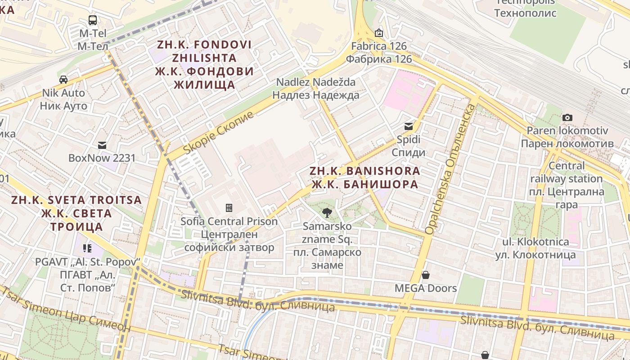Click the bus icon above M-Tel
coord(92,20)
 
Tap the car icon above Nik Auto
coord(63,80)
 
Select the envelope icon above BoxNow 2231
coord(102,145)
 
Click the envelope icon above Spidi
coord(408,126)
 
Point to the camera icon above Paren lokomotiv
coord(567,117)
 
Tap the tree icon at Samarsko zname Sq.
coord(327,213)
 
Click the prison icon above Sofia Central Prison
coord(229,208)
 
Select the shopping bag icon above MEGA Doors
coord(425,275)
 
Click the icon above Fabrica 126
coord(379,33)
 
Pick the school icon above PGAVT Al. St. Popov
coord(87,248)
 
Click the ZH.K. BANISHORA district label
coord(365,178)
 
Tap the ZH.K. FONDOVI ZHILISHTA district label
coord(204,64)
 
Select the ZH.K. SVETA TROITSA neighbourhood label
coord(76,213)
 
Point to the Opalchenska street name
coord(450,169)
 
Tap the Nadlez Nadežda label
coord(316,89)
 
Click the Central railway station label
coord(566,185)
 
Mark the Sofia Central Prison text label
coord(229,234)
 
